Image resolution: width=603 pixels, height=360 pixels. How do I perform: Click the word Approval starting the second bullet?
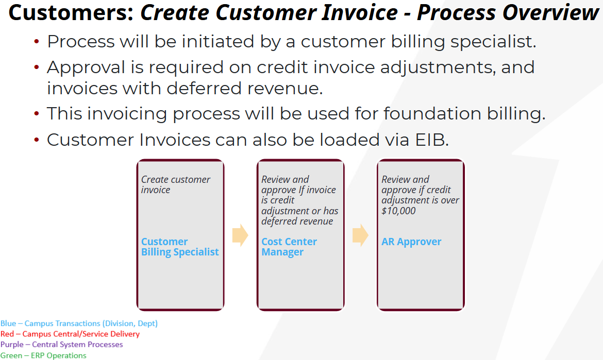[86, 67]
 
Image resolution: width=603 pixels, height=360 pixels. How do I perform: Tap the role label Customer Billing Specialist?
[180, 247]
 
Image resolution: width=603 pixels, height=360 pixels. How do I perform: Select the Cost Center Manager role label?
[289, 247]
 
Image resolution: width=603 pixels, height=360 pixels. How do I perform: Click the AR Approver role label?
[411, 242]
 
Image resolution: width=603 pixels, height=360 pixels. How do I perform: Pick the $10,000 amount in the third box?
[398, 211]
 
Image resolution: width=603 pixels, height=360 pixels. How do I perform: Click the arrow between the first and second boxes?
[240, 235]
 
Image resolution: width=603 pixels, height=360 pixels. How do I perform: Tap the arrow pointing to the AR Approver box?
[360, 235]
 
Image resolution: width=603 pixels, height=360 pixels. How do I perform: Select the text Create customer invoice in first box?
[176, 184]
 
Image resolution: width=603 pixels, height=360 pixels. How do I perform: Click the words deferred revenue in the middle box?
[297, 221]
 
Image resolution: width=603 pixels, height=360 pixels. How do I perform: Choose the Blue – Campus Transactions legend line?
[79, 323]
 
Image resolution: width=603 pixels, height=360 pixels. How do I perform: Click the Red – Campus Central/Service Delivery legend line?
[70, 334]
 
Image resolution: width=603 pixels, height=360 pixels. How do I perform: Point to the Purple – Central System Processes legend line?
[62, 344]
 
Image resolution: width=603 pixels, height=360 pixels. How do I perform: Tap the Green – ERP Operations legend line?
[43, 355]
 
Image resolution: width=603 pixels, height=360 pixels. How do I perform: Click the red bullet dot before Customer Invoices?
[37, 140]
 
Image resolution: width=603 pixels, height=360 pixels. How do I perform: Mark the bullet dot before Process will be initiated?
[37, 41]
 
